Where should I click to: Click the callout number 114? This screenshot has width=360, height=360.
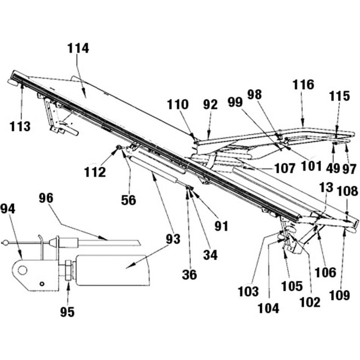coord(78,48)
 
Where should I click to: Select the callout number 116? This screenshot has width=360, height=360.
coord(303,85)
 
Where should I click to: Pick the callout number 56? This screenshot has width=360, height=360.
coord(129,200)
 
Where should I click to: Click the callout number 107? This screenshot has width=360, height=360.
coord(284,168)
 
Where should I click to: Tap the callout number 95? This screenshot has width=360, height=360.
coord(67,312)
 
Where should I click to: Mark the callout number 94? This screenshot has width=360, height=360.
coord(8,208)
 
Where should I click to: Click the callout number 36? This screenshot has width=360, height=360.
coord(189,275)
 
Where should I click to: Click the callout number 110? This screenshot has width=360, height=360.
coord(178,105)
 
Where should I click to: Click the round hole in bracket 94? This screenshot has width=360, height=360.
coord(23,270)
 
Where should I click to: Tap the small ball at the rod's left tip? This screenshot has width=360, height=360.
coord(5,243)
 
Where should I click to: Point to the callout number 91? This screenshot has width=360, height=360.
coord(221,226)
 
